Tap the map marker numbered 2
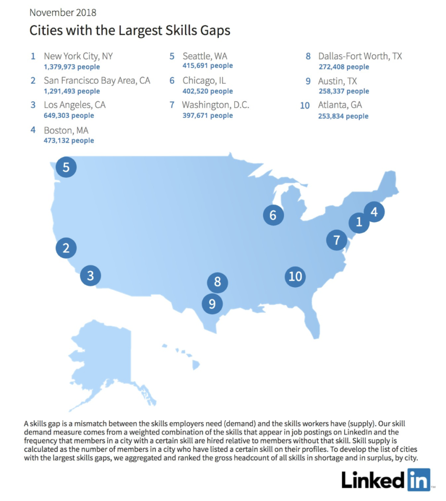[66, 248]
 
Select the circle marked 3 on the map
[90, 275]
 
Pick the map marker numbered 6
[273, 215]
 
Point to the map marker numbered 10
[295, 276]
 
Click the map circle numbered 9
[212, 304]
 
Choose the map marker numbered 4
[374, 212]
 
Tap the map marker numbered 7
[337, 240]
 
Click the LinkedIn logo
[386, 479]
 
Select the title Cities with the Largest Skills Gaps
[130, 30]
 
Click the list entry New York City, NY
[78, 56]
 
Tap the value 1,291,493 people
[72, 91]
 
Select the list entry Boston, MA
[66, 131]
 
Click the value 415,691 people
[208, 66]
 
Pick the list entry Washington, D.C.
[215, 105]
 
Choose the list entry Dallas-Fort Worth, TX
[360, 56]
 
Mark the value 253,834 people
[343, 116]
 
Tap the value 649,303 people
[69, 116]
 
